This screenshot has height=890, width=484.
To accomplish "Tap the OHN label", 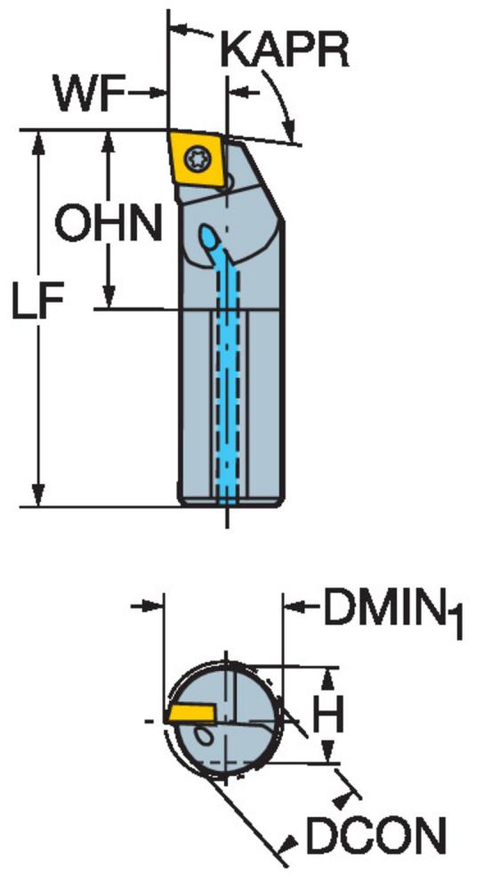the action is (x=108, y=223).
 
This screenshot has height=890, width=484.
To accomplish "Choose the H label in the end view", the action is (x=328, y=715).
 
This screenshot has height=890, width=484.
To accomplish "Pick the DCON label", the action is (x=375, y=835).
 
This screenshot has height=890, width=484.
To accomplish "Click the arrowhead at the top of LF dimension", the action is (x=38, y=142).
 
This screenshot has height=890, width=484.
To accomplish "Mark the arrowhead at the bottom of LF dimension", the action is (x=38, y=494).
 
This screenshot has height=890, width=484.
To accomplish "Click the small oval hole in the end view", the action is (x=203, y=736).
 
